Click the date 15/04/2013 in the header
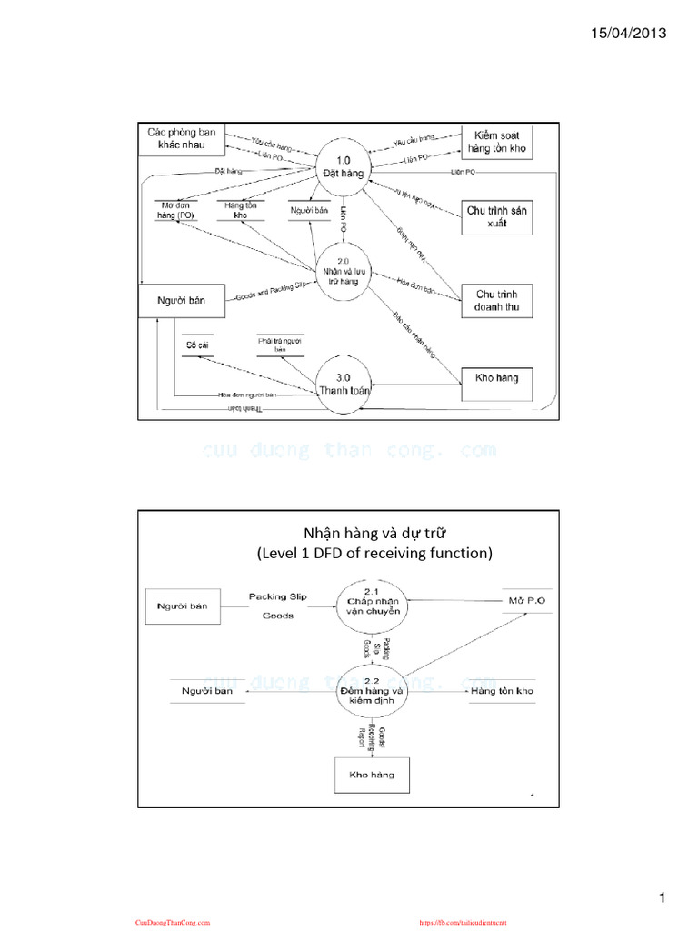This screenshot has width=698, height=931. (629, 34)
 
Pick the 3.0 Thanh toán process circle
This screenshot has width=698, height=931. (345, 385)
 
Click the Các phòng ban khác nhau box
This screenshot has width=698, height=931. (182, 139)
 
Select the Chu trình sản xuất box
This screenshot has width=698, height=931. (497, 216)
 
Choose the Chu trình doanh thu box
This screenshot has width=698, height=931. (497, 301)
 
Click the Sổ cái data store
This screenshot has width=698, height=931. (197, 345)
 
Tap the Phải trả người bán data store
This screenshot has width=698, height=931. (280, 345)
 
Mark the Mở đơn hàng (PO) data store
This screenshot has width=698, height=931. (177, 210)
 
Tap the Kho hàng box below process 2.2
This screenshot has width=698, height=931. (371, 775)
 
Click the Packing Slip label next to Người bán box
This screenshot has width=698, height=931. (278, 596)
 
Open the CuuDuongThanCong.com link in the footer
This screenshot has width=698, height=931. (173, 922)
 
